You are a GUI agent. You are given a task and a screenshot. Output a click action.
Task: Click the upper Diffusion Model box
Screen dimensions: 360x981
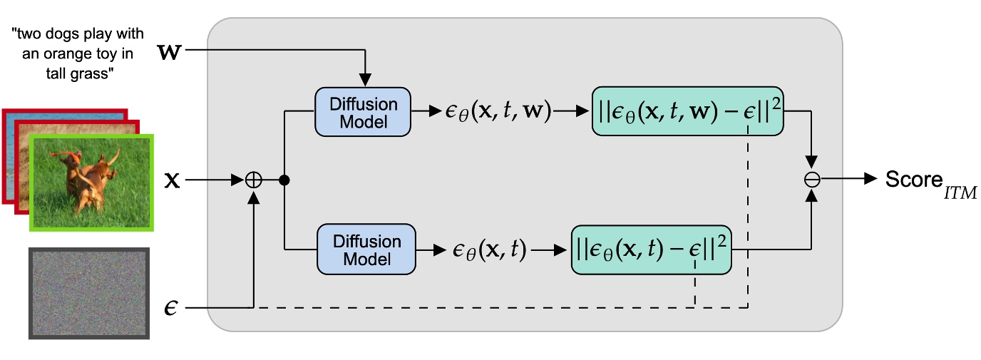coord(364,112)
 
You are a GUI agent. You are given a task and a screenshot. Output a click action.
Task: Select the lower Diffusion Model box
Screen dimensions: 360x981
coord(366,250)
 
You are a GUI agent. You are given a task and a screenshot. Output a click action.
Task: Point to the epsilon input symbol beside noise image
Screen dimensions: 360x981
coord(170,308)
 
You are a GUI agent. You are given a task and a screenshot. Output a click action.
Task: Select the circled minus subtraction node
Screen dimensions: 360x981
coord(811,180)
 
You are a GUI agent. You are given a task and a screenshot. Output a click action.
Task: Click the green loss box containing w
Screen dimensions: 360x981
coord(687,112)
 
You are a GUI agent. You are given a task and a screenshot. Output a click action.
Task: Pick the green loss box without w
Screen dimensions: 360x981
coord(651,250)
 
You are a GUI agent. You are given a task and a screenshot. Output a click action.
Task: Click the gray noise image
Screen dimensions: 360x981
coord(89,293)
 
